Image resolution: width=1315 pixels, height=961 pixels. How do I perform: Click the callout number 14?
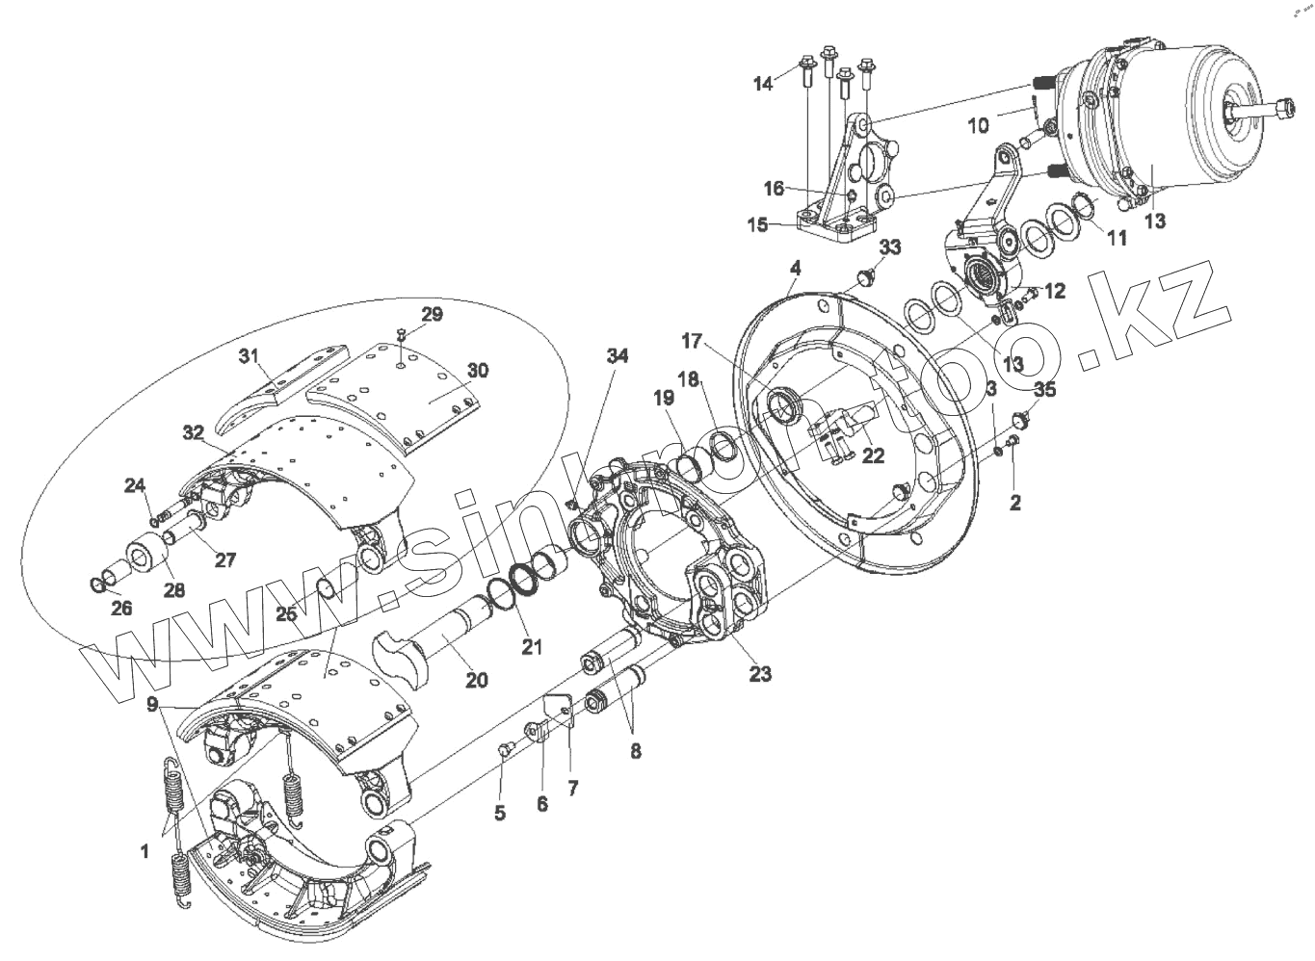(763, 84)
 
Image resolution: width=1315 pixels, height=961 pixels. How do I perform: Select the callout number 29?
(431, 315)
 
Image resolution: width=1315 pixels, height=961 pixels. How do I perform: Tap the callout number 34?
(617, 356)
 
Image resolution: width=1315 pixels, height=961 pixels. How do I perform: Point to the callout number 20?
(476, 681)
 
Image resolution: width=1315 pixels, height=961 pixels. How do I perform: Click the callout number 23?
(760, 674)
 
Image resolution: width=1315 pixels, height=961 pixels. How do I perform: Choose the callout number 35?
(1044, 390)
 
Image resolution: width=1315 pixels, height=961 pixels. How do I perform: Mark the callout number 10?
(977, 126)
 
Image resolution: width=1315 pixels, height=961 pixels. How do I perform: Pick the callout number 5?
(499, 814)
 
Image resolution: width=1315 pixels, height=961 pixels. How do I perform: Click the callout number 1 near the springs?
(145, 850)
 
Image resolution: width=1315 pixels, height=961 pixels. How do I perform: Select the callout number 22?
(873, 456)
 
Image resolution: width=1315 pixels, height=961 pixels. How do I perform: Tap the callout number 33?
(889, 247)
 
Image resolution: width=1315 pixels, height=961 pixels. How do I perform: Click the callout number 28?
(173, 589)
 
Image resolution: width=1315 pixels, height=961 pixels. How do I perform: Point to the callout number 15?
(757, 225)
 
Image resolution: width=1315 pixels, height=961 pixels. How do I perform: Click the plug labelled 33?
(865, 279)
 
